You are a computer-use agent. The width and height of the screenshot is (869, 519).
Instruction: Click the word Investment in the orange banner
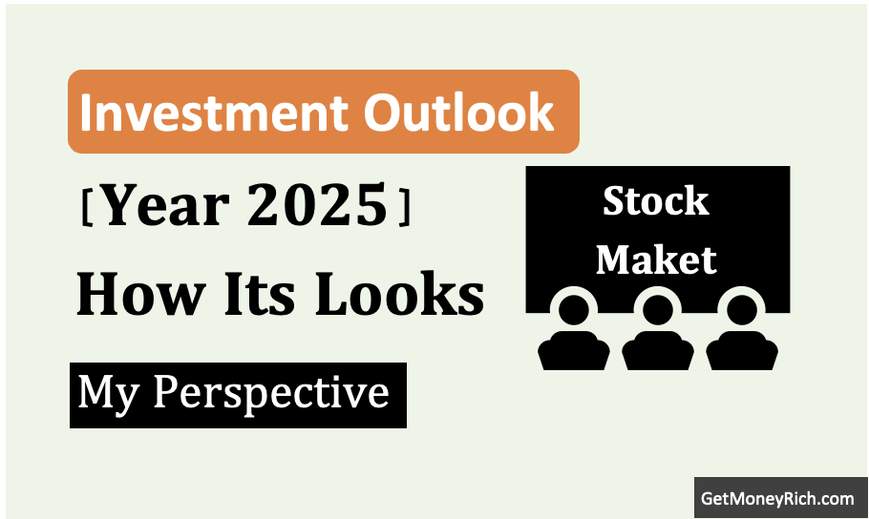coord(213,113)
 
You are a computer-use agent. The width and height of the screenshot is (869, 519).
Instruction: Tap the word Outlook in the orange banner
coord(459,112)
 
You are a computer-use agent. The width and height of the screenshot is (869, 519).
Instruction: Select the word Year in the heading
coord(165,204)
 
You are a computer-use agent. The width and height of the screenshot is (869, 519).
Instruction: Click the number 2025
coord(317,204)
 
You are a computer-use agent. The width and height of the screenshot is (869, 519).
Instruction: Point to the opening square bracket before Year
coord(87,207)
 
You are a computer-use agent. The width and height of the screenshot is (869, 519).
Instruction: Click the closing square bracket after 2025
coord(405,207)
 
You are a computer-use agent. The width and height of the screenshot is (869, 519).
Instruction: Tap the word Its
coord(260,294)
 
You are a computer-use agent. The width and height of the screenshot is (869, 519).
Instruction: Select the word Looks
coord(399,294)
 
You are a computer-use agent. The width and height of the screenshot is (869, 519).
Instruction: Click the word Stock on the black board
coord(656,200)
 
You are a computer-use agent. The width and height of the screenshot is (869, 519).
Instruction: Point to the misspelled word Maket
coord(656,259)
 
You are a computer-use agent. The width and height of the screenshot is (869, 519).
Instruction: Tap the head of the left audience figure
coord(574,310)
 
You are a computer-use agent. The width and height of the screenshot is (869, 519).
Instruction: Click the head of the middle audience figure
coord(657,310)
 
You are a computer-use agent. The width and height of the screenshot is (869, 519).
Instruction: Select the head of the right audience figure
coord(742,310)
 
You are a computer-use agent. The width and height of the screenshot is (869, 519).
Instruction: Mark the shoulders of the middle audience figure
coord(657,351)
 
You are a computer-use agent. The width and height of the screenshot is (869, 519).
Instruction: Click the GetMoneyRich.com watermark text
coord(777,499)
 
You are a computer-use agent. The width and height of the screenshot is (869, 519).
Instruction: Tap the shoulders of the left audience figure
coord(574,351)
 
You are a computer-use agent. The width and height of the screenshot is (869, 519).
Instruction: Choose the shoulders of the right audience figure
coord(742,351)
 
